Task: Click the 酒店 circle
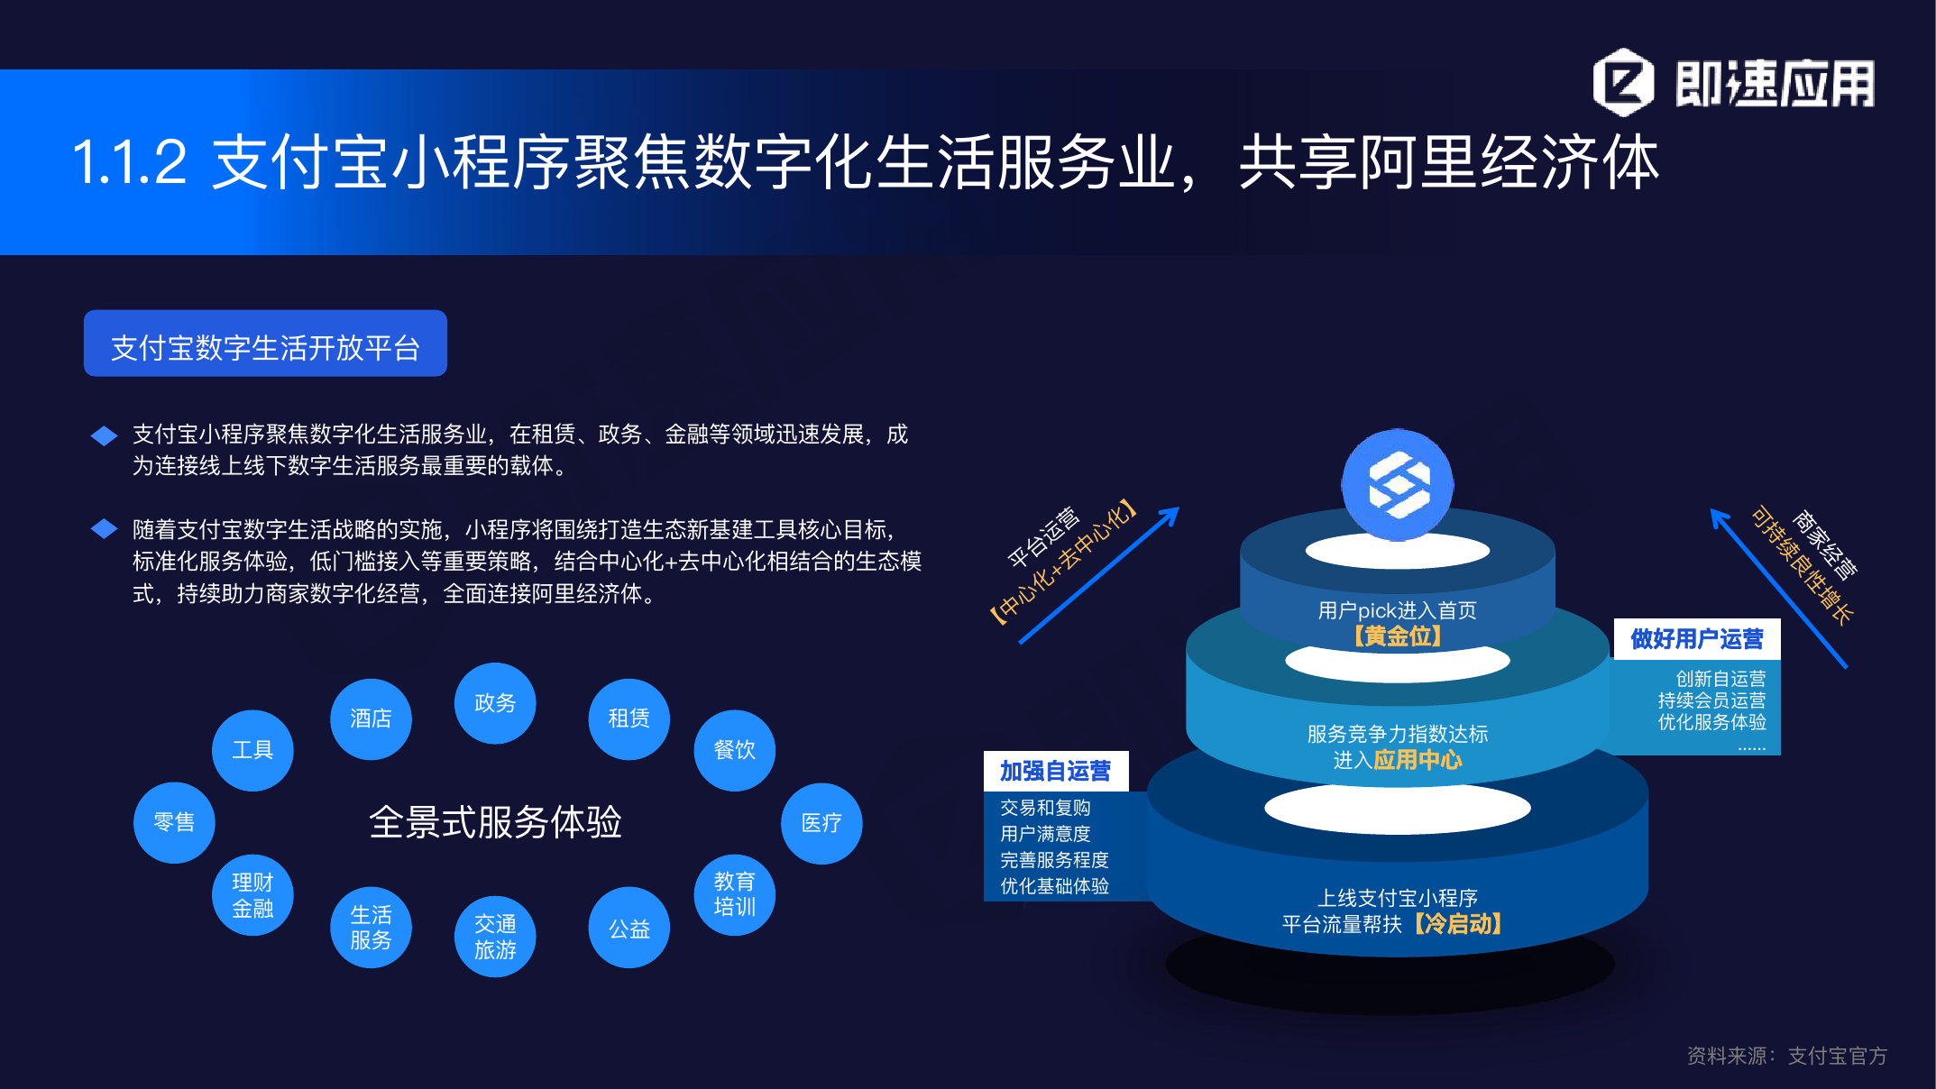point(371,718)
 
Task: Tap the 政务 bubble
point(495,703)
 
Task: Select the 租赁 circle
point(629,718)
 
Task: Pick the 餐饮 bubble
point(734,750)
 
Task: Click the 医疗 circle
point(821,823)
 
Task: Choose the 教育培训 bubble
point(734,894)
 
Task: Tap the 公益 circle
point(629,928)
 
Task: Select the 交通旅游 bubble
point(495,937)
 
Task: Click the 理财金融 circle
point(252,895)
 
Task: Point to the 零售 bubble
point(174,822)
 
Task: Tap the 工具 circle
point(252,750)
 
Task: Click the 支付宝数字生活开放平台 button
point(265,343)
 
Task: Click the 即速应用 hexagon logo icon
point(1623,83)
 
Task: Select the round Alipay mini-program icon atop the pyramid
point(1397,485)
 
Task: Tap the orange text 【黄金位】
point(1397,636)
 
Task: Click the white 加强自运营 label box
point(1055,771)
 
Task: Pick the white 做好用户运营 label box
point(1697,639)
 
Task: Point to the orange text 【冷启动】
point(1457,924)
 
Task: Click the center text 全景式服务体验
point(495,822)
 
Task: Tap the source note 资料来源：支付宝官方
point(1787,1056)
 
